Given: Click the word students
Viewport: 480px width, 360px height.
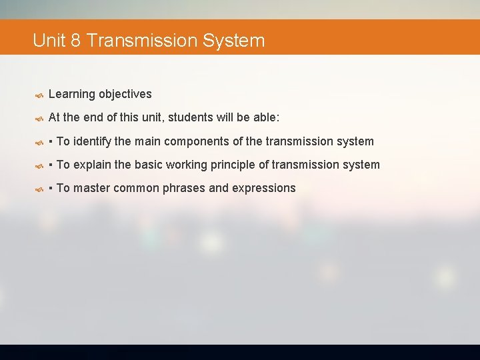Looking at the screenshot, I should pos(191,118).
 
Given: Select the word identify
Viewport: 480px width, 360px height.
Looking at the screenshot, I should pos(93,141).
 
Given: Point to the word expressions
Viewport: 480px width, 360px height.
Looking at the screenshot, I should pos(263,188).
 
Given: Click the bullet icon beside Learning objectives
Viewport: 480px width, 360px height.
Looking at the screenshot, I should pos(39,95).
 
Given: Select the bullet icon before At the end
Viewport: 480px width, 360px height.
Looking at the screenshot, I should pos(39,119).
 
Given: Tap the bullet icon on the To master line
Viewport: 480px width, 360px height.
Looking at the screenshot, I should pos(39,189).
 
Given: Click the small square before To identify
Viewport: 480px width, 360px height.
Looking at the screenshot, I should pos(51,142).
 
